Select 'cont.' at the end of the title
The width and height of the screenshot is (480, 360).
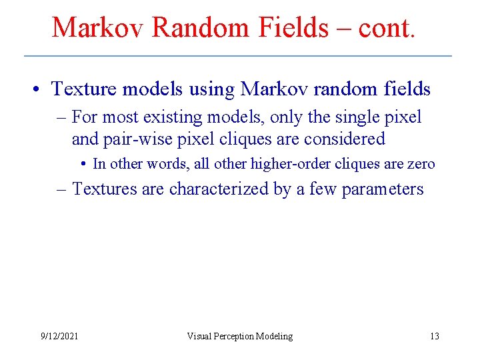pos(387,27)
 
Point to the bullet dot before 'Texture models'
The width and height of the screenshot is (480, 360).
pos(40,89)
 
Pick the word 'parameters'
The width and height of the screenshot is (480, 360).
pos(383,189)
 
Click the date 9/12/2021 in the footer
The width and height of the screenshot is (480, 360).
pos(59,336)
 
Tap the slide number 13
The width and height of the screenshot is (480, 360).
pos(434,336)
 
